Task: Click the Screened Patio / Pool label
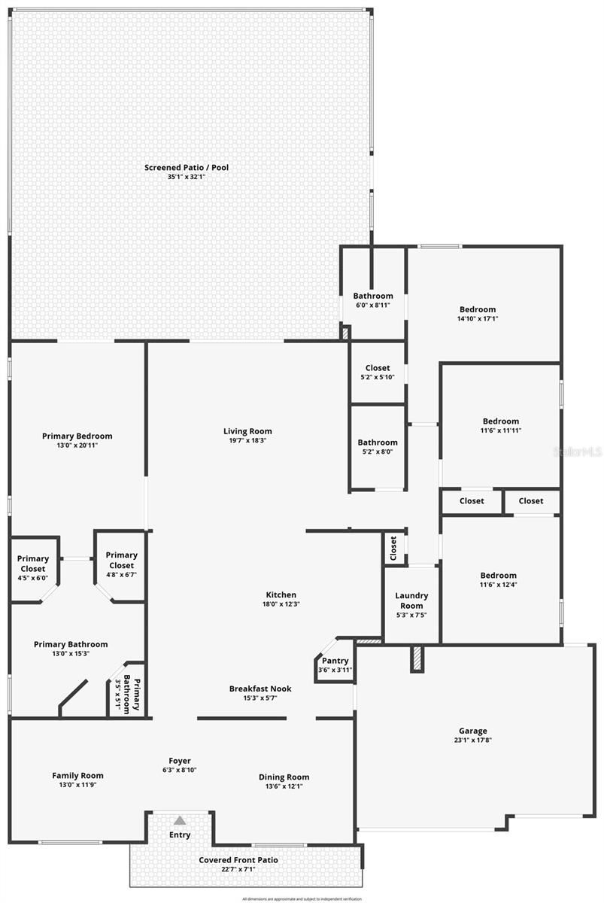(x=187, y=167)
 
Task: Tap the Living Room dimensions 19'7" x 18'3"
(x=247, y=440)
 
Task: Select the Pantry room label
(x=335, y=661)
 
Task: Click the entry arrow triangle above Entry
(x=180, y=820)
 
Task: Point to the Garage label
(x=473, y=731)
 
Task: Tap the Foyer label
(x=179, y=760)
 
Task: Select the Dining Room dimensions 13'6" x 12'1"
(x=284, y=786)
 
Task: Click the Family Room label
(x=77, y=776)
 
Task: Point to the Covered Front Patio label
(x=238, y=860)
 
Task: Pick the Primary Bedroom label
(x=77, y=436)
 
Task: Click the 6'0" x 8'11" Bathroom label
(x=373, y=296)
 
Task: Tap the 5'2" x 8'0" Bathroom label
(x=378, y=442)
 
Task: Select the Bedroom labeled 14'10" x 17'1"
(x=478, y=309)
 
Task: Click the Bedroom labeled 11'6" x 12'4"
(x=499, y=576)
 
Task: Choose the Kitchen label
(x=279, y=595)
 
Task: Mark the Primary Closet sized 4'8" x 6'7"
(x=121, y=561)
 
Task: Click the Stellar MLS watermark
(x=577, y=451)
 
